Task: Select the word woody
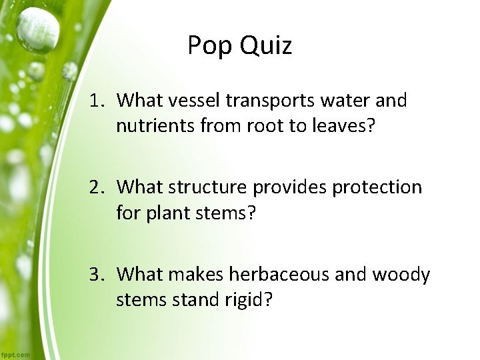401,275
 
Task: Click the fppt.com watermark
15,355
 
